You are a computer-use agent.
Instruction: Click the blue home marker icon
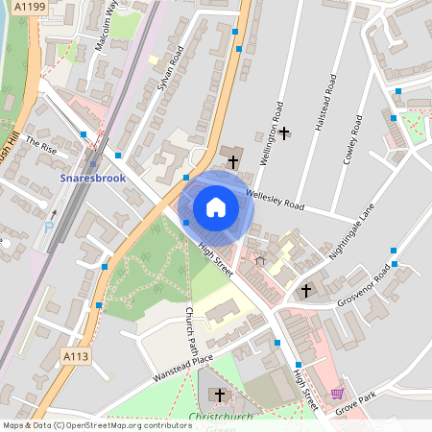[x=216, y=207]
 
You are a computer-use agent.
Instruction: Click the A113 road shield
[x=77, y=356]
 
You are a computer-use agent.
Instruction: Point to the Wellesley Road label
[x=275, y=199]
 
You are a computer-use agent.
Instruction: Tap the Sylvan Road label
[x=169, y=69]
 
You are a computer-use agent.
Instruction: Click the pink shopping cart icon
[x=337, y=394]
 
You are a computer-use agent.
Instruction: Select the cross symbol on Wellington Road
[x=284, y=130]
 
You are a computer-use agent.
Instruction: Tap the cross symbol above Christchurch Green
[x=220, y=395]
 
